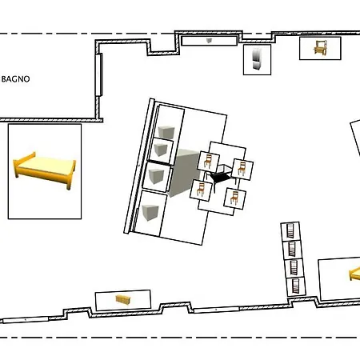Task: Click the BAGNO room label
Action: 15,78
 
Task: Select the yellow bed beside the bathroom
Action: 45,169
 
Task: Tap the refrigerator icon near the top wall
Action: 257,60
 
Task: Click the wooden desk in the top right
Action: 319,48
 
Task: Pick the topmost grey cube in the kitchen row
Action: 167,131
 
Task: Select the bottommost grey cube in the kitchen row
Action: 149,212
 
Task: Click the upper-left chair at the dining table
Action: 209,162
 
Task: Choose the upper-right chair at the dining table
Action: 240,167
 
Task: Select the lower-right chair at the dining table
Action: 231,196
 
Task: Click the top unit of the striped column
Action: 290,231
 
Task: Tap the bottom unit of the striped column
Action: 294,284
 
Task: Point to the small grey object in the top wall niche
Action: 209,40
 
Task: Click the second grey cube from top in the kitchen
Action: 162,149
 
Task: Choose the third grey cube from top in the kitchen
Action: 157,175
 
